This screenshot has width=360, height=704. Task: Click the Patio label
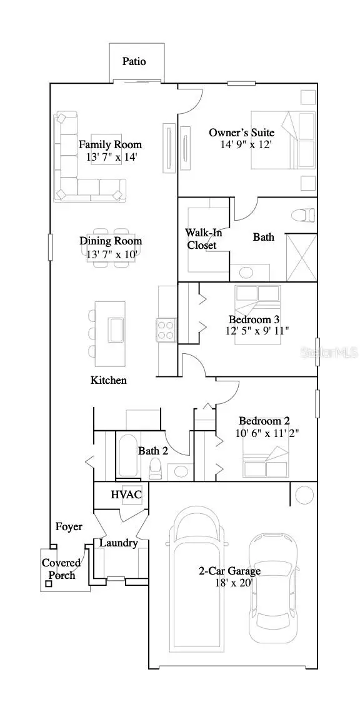click(134, 61)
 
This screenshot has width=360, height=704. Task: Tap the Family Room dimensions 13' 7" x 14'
click(111, 158)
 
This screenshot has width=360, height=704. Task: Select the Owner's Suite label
click(241, 133)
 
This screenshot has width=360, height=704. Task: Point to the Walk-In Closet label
click(201, 239)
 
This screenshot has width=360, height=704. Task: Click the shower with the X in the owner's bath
click(301, 258)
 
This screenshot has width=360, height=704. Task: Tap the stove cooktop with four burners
click(166, 329)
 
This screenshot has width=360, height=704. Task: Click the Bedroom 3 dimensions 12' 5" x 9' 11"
click(257, 331)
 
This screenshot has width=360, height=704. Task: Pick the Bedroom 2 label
click(264, 421)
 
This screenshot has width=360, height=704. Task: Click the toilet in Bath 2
click(156, 468)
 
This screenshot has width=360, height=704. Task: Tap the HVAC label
click(126, 495)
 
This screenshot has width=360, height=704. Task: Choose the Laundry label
click(119, 543)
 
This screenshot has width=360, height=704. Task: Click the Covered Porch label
click(61, 569)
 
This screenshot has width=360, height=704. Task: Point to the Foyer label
click(69, 527)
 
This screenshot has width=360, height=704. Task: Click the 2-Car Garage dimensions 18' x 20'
click(229, 583)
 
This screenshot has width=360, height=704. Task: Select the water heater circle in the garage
click(304, 495)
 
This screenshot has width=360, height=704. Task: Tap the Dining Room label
click(111, 241)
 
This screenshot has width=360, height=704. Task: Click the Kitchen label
click(109, 380)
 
